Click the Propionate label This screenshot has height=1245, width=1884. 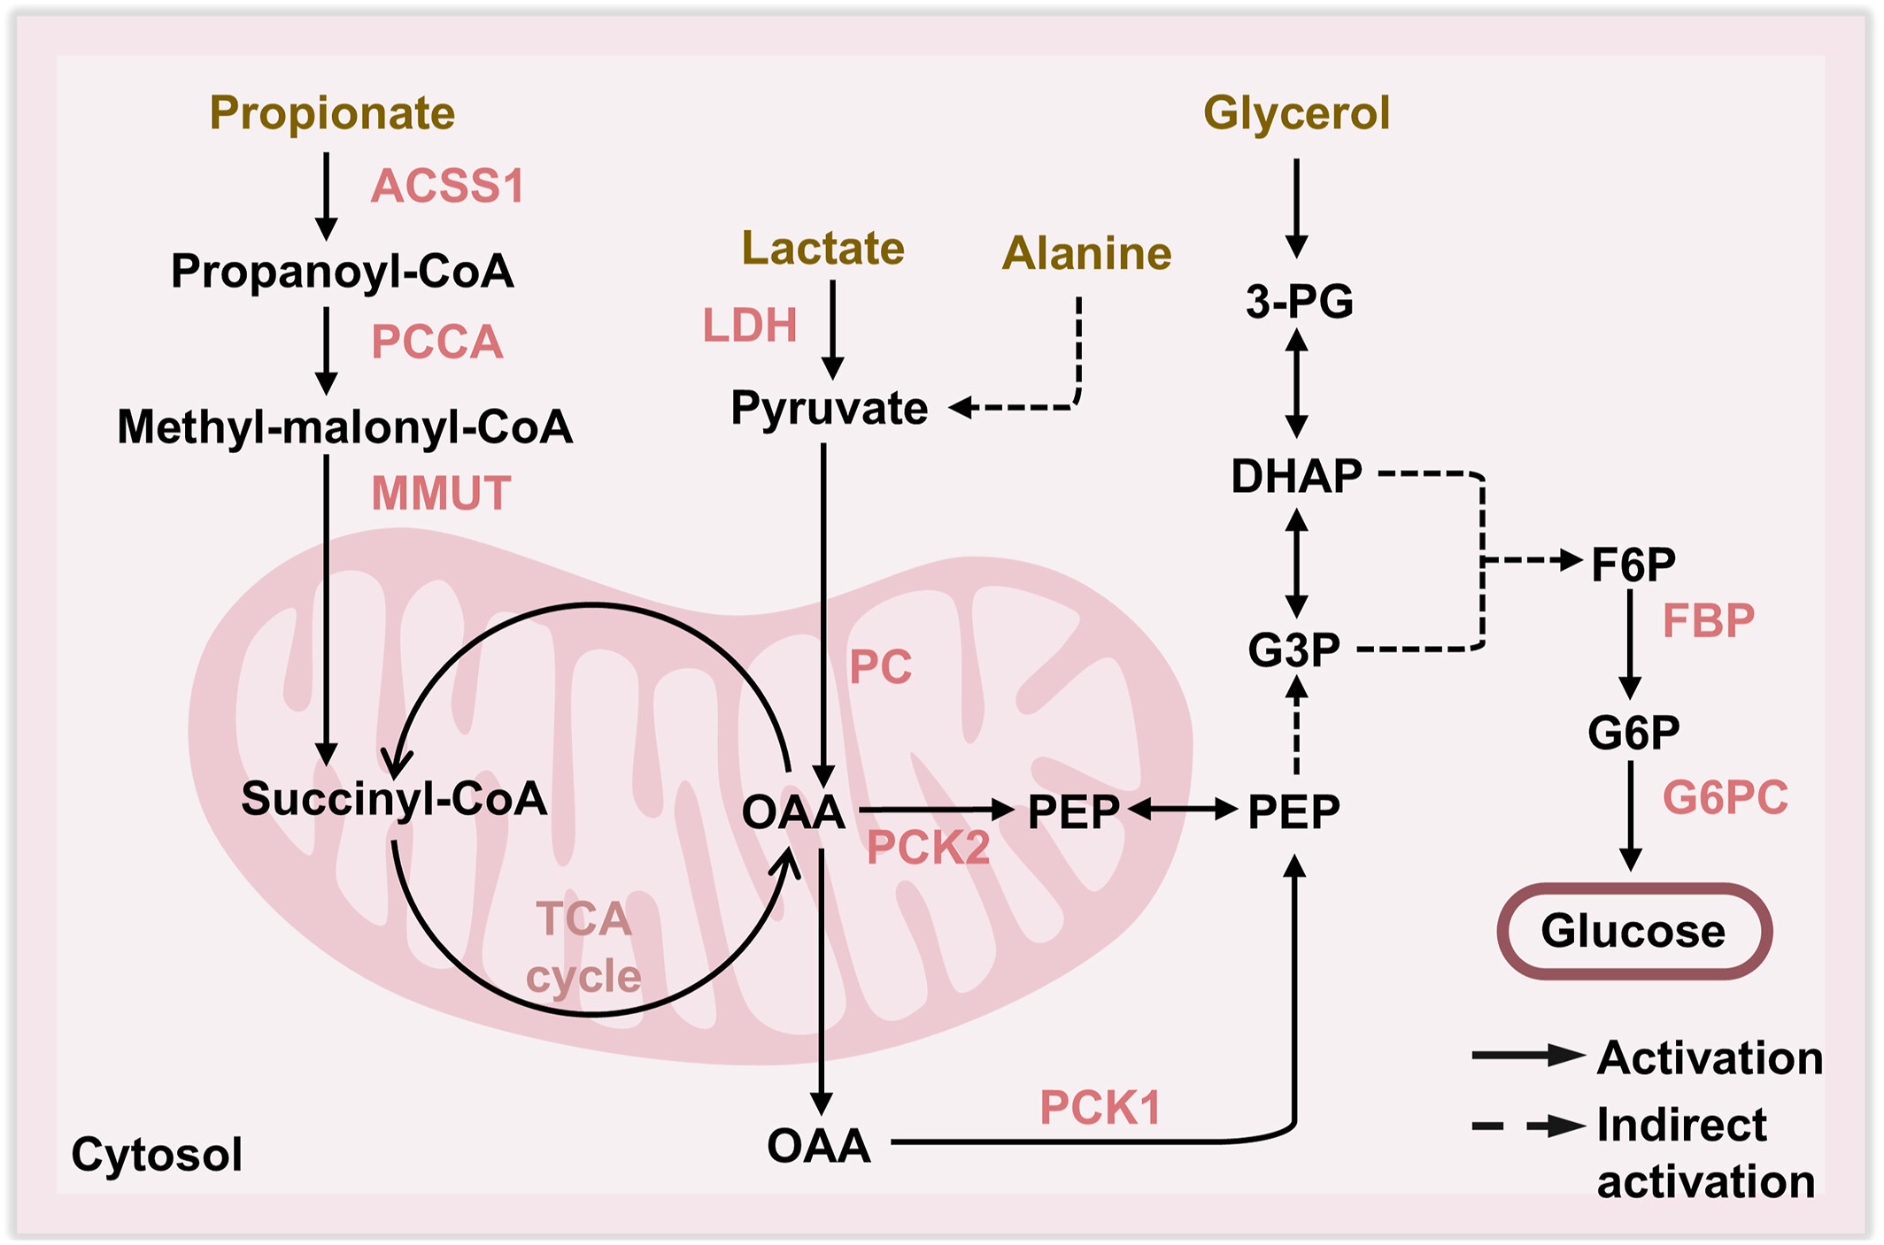coord(332,113)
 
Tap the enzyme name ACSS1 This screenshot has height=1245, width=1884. coord(447,186)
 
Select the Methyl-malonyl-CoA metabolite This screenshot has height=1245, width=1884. coord(344,427)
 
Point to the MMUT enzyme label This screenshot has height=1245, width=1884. coord(441,493)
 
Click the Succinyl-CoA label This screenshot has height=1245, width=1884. coord(394,798)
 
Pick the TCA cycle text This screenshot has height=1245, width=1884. coord(583,947)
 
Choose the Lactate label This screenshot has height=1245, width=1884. coord(822,248)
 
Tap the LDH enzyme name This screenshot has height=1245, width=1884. coord(750,325)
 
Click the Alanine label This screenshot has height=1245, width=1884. coord(1086,253)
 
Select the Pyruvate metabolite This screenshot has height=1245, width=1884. coord(829,408)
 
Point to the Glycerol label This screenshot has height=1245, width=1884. coord(1296,113)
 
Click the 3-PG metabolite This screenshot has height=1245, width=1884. coord(1299,301)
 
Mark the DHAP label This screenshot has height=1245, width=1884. coord(1296,476)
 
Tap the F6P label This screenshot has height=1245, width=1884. coord(1633,564)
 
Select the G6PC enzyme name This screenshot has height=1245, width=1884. coord(1725,797)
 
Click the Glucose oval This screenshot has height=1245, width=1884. coord(1633,931)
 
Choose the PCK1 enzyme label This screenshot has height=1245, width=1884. coord(1100,1107)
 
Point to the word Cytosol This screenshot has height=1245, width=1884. coord(157,1154)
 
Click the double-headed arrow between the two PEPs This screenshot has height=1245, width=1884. coord(1183,809)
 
